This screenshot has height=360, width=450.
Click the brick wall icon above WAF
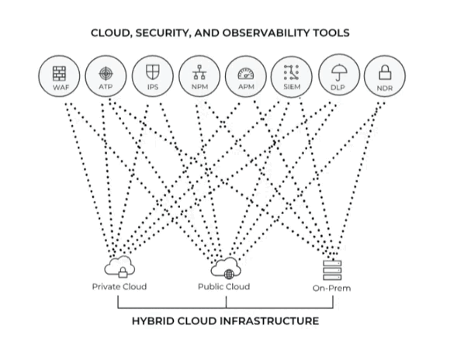point(60,74)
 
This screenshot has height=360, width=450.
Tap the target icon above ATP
point(106,74)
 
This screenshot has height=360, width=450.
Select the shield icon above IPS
point(153,72)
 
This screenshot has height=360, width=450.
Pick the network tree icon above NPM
point(199,72)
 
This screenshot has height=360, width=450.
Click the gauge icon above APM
point(246,74)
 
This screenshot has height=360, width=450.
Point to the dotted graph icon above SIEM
point(291,72)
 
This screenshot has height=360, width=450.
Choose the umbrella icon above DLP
point(338,73)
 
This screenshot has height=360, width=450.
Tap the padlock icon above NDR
point(385,72)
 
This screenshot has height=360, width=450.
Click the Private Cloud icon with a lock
point(119,267)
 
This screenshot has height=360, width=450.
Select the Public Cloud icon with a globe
point(226,268)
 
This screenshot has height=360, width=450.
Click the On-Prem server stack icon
point(332,270)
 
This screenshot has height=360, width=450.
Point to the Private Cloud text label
point(119,286)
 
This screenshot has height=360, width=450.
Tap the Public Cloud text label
point(224,286)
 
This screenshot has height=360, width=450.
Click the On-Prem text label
point(332,288)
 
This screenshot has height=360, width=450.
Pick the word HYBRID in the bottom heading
point(152,320)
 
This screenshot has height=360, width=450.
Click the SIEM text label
point(292,87)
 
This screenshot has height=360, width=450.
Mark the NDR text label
point(385,88)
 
